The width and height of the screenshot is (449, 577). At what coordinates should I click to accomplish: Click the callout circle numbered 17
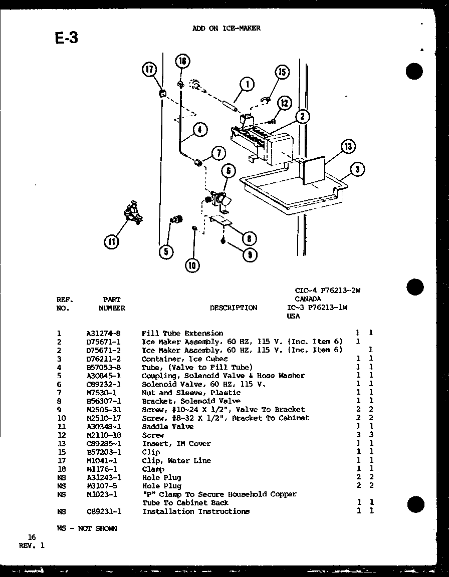[x=149, y=70]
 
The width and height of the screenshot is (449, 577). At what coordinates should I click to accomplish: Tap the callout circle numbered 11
[x=112, y=242]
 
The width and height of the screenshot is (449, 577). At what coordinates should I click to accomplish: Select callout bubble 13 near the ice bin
[x=347, y=147]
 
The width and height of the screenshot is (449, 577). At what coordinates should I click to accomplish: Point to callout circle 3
[x=357, y=170]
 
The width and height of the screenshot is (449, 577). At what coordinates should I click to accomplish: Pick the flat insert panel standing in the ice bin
[x=313, y=170]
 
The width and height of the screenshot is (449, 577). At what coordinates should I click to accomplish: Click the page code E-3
[x=66, y=38]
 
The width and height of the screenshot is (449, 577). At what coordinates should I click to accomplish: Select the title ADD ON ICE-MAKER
[x=227, y=29]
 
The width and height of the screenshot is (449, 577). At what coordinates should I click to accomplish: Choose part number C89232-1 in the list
[x=104, y=384]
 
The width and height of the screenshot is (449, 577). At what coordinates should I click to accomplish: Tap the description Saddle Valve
[x=167, y=427]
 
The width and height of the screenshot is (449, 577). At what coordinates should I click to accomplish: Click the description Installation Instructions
[x=195, y=511]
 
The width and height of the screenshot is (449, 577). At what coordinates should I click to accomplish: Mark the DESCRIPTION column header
[x=234, y=308]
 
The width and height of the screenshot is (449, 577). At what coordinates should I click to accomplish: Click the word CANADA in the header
[x=308, y=299]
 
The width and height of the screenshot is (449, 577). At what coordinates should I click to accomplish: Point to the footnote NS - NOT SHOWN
[x=87, y=528]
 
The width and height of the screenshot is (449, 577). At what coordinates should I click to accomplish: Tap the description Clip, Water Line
[x=176, y=460]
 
